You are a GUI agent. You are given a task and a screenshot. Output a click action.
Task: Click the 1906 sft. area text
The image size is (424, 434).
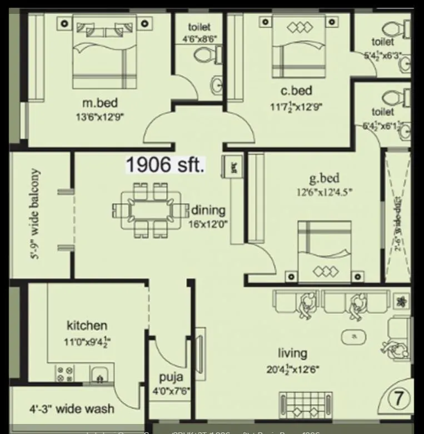click(x=165, y=165)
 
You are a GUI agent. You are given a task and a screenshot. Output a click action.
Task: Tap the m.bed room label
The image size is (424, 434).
click(x=100, y=103)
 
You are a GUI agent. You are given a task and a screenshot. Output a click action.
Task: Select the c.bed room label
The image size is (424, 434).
click(x=296, y=91)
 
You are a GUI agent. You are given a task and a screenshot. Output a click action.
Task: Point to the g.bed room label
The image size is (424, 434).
click(x=324, y=178)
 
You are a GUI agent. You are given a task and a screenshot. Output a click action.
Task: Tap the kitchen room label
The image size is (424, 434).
click(x=87, y=326)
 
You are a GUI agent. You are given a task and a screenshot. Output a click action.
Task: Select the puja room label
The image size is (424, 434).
click(x=171, y=378)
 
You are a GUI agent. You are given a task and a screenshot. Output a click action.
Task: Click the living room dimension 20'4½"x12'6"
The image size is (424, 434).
click(x=292, y=368)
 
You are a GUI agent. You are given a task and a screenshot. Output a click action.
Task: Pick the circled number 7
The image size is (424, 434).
click(x=399, y=398)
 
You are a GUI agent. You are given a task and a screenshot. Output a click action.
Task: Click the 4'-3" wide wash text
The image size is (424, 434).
click(x=72, y=410)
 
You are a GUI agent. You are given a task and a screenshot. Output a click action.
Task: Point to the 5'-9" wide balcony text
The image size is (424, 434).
click(x=35, y=214)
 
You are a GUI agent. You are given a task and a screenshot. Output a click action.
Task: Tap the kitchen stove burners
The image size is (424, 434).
click(x=64, y=373)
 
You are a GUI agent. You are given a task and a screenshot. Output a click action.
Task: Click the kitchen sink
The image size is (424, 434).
click(x=100, y=375)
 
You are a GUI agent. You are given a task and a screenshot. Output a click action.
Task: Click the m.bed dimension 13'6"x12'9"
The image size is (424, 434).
click(x=100, y=117)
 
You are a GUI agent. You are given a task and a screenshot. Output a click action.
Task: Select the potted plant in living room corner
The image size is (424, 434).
click(x=402, y=302)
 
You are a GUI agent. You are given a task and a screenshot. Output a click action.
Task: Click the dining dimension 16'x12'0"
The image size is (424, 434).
click(x=208, y=224)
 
